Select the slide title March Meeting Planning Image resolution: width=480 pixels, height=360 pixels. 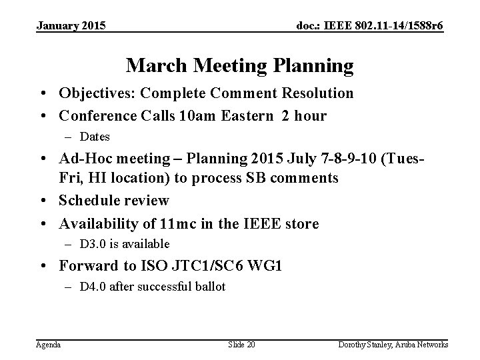(239, 65)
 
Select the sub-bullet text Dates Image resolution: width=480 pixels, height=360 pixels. (95, 137)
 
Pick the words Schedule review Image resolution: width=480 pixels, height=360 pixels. (114, 200)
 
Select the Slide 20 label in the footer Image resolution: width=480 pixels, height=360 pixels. (241, 344)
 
